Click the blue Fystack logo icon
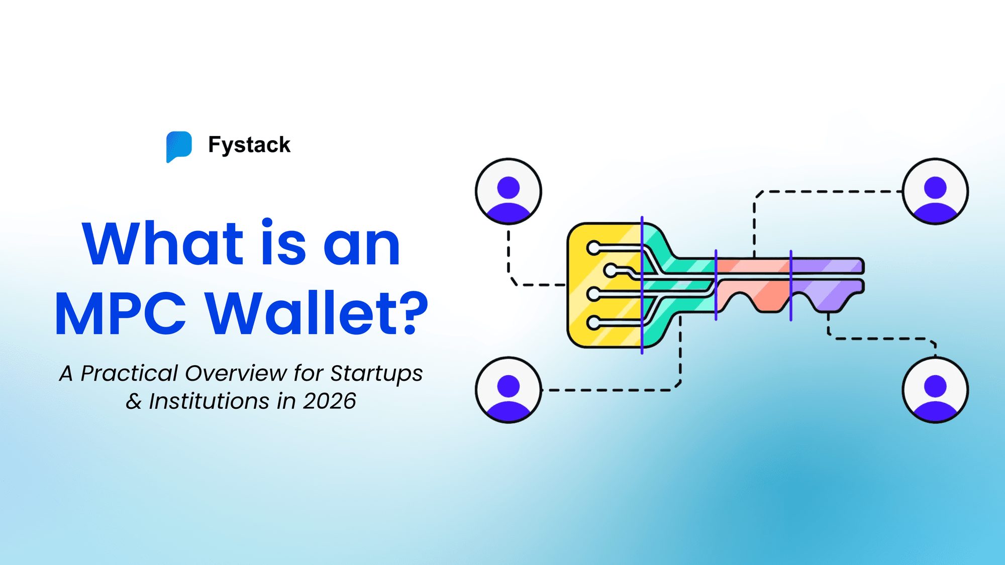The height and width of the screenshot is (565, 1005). (179, 146)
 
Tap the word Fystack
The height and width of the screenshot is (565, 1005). (249, 145)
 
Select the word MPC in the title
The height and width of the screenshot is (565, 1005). (121, 314)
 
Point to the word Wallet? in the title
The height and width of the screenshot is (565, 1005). (317, 314)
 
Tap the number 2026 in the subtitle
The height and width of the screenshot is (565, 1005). (330, 401)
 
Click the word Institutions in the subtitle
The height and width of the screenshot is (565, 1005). (209, 401)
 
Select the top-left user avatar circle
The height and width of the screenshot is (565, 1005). (508, 191)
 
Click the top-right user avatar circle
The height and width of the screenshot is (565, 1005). (935, 191)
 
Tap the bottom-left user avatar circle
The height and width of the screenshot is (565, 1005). (508, 390)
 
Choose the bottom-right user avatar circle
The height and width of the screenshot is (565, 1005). (935, 390)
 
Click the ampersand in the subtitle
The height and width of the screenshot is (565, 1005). (134, 401)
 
